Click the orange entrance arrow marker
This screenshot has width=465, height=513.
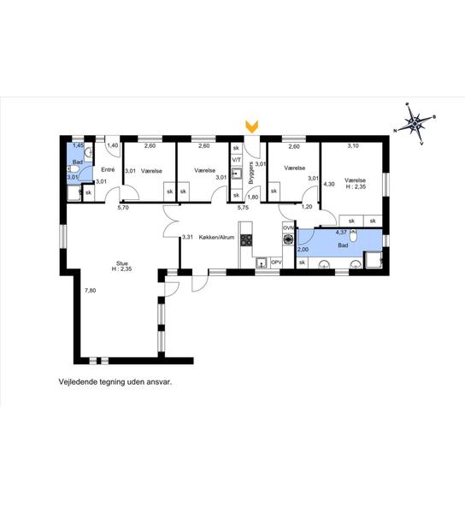[x=252, y=127]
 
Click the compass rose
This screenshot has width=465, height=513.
[x=415, y=123]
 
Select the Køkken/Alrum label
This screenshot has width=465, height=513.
[x=216, y=237]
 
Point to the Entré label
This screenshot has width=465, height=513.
[x=108, y=170]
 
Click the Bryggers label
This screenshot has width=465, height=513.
[x=250, y=173]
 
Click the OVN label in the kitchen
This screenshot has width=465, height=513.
[x=288, y=227]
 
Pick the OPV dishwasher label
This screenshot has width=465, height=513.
[x=276, y=262]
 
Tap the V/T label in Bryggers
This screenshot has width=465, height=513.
[x=236, y=160]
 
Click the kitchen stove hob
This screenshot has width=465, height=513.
[x=246, y=239]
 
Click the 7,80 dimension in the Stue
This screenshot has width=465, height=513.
[x=91, y=290]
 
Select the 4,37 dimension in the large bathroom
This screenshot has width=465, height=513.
[x=341, y=233]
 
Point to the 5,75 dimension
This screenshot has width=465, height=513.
[x=243, y=207]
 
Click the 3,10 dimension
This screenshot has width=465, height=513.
[x=353, y=146]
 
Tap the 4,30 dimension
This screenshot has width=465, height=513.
[x=329, y=184]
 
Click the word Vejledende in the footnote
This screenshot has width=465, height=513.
[x=74, y=382]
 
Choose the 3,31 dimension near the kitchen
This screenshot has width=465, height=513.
[x=188, y=237]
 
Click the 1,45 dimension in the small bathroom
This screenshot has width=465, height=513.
[x=78, y=145]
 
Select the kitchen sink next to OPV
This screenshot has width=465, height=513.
[x=262, y=262]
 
